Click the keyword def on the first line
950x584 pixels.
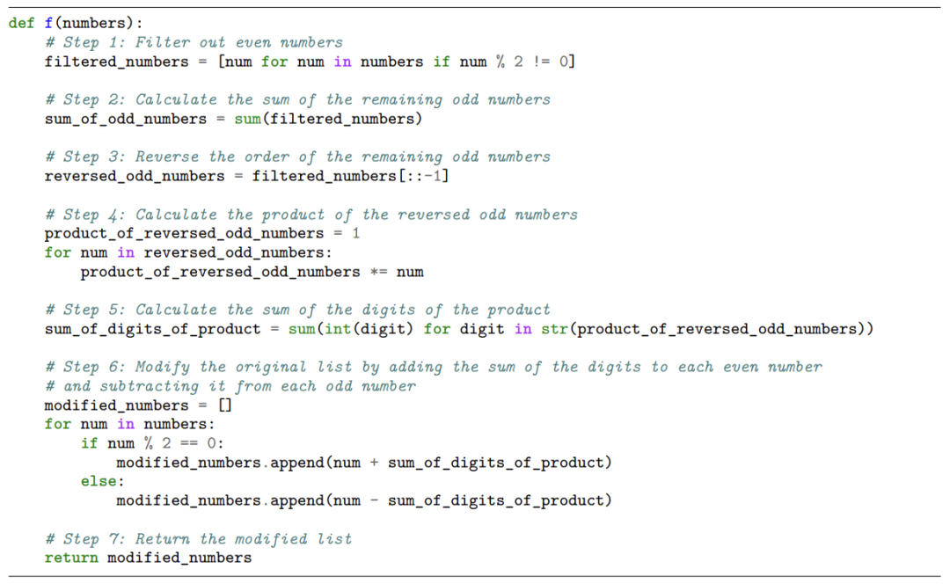(22, 23)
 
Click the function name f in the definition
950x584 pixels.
(48, 23)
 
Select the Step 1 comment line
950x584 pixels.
(194, 42)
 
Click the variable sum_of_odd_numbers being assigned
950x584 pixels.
(126, 119)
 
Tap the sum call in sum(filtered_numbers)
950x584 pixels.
(247, 119)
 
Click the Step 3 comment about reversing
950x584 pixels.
(297, 157)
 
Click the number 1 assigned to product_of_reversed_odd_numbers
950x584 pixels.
(355, 233)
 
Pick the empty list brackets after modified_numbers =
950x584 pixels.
(224, 405)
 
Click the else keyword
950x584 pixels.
(99, 481)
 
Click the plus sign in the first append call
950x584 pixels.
(374, 463)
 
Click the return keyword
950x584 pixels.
(71, 558)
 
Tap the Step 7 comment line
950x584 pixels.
(198, 538)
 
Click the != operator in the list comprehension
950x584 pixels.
(541, 62)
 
